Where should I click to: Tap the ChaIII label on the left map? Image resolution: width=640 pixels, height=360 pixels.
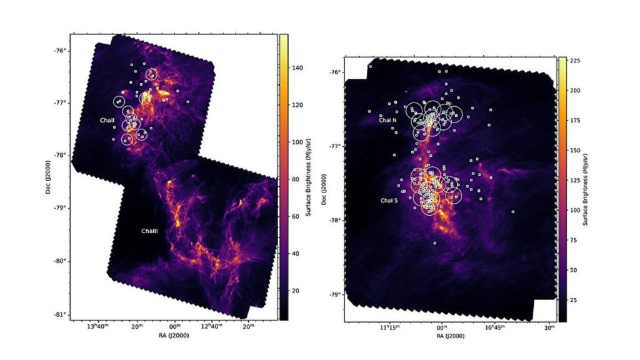[149, 231]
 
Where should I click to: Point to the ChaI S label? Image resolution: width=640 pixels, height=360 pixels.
[389, 201]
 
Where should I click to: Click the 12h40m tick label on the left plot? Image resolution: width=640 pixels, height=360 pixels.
[212, 327]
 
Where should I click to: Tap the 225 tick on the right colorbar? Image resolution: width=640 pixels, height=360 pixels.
[576, 62]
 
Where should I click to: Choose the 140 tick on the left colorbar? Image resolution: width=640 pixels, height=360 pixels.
[297, 67]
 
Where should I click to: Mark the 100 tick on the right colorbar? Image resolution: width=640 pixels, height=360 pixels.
[576, 210]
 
